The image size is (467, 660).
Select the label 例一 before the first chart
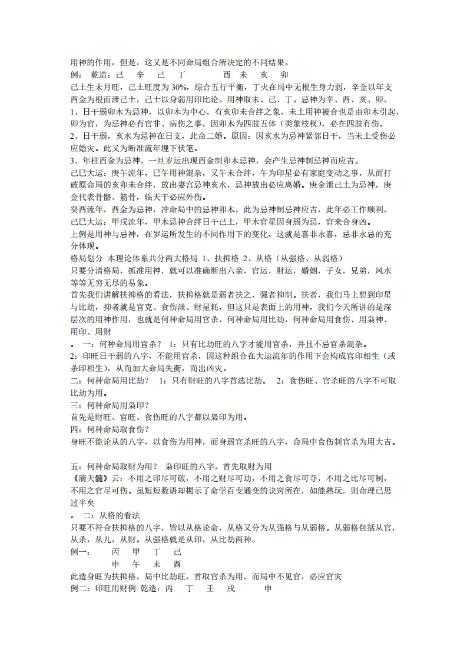pyautogui.click(x=79, y=552)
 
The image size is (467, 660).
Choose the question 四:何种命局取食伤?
pyautogui.click(x=109, y=429)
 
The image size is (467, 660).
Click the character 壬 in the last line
pyautogui.click(x=210, y=589)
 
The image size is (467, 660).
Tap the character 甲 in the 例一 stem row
pyautogui.click(x=137, y=552)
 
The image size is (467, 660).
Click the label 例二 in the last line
pyautogui.click(x=79, y=589)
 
